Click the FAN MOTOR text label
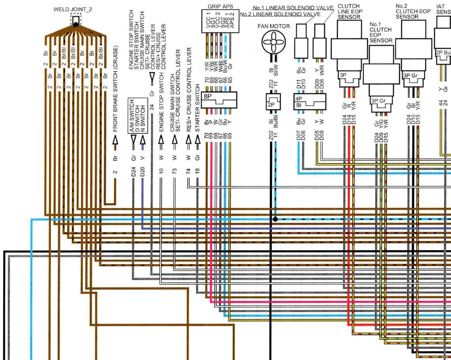[x=274, y=26]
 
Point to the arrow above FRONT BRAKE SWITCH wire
[x=115, y=140]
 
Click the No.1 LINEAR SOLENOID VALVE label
[x=293, y=8]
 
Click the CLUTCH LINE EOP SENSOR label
[x=349, y=11]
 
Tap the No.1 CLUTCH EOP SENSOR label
[x=381, y=32]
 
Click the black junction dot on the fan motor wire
[x=274, y=219]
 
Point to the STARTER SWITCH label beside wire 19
[x=197, y=114]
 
